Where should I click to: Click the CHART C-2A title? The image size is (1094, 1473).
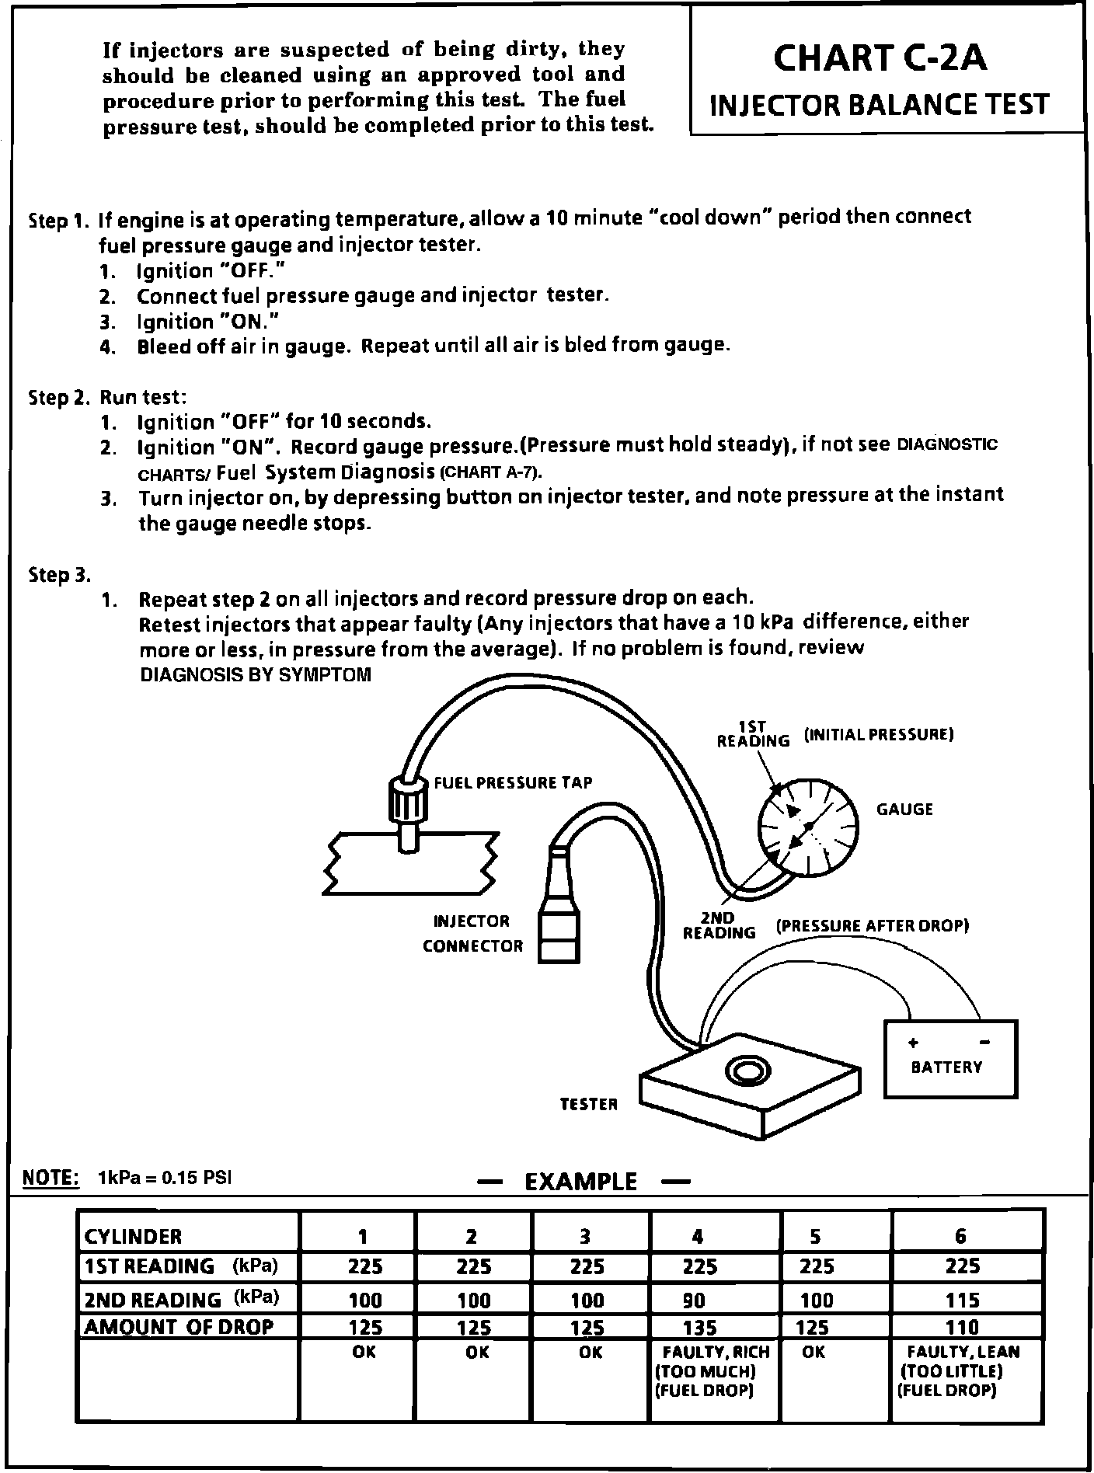coord(880,58)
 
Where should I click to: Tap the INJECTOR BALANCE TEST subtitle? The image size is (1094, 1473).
coord(880,104)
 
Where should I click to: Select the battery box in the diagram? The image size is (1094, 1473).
coord(950,1058)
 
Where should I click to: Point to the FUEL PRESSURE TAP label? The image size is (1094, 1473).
coord(513,782)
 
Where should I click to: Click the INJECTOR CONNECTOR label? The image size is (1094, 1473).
coord(472,933)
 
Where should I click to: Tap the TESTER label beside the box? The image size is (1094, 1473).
coord(588,1104)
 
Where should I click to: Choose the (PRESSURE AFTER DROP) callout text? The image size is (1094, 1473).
coord(872,926)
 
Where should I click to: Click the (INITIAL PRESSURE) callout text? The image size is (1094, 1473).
coord(879,734)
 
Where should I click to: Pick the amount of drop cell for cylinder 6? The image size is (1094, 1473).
coord(963,1327)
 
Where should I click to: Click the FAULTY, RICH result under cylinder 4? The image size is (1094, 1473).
coord(716,1353)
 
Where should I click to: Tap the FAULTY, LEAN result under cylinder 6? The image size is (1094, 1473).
coord(963,1353)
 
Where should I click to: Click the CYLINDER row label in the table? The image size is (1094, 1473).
coord(133,1236)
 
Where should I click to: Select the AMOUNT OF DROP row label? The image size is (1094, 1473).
coord(179,1326)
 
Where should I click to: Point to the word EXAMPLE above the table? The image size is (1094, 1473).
coord(580,1182)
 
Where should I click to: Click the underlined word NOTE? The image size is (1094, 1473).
coord(51,1178)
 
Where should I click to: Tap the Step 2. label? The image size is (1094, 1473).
coord(59,398)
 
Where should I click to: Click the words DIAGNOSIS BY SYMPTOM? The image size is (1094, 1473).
coord(255,674)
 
